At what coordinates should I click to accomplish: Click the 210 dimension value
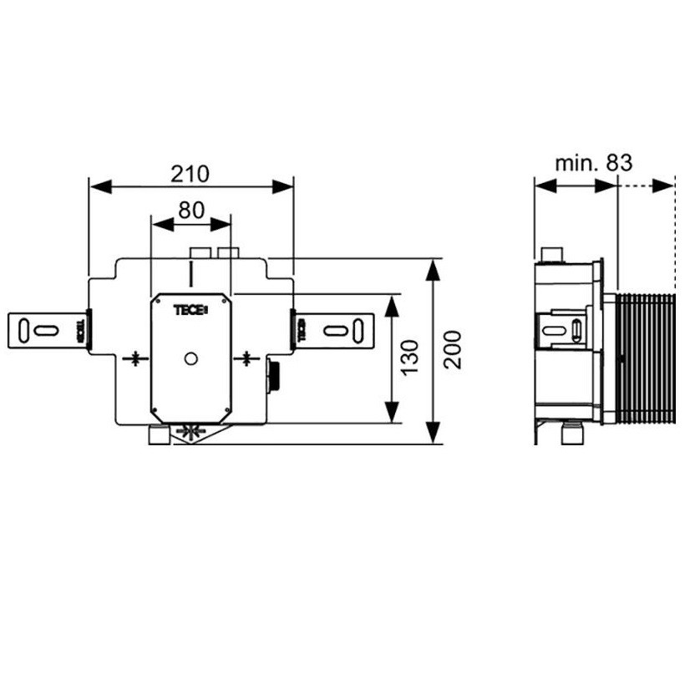click(190, 174)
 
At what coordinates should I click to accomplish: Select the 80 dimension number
click(191, 211)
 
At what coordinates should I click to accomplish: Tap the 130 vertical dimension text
click(409, 358)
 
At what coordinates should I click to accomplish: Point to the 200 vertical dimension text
click(452, 349)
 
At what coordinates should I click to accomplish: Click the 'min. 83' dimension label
click(593, 163)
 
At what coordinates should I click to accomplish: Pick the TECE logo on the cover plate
click(191, 310)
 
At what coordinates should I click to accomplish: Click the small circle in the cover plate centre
click(191, 358)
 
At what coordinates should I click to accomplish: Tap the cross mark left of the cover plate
click(136, 358)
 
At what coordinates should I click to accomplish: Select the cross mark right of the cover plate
click(246, 358)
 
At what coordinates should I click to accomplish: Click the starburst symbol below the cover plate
click(191, 432)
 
